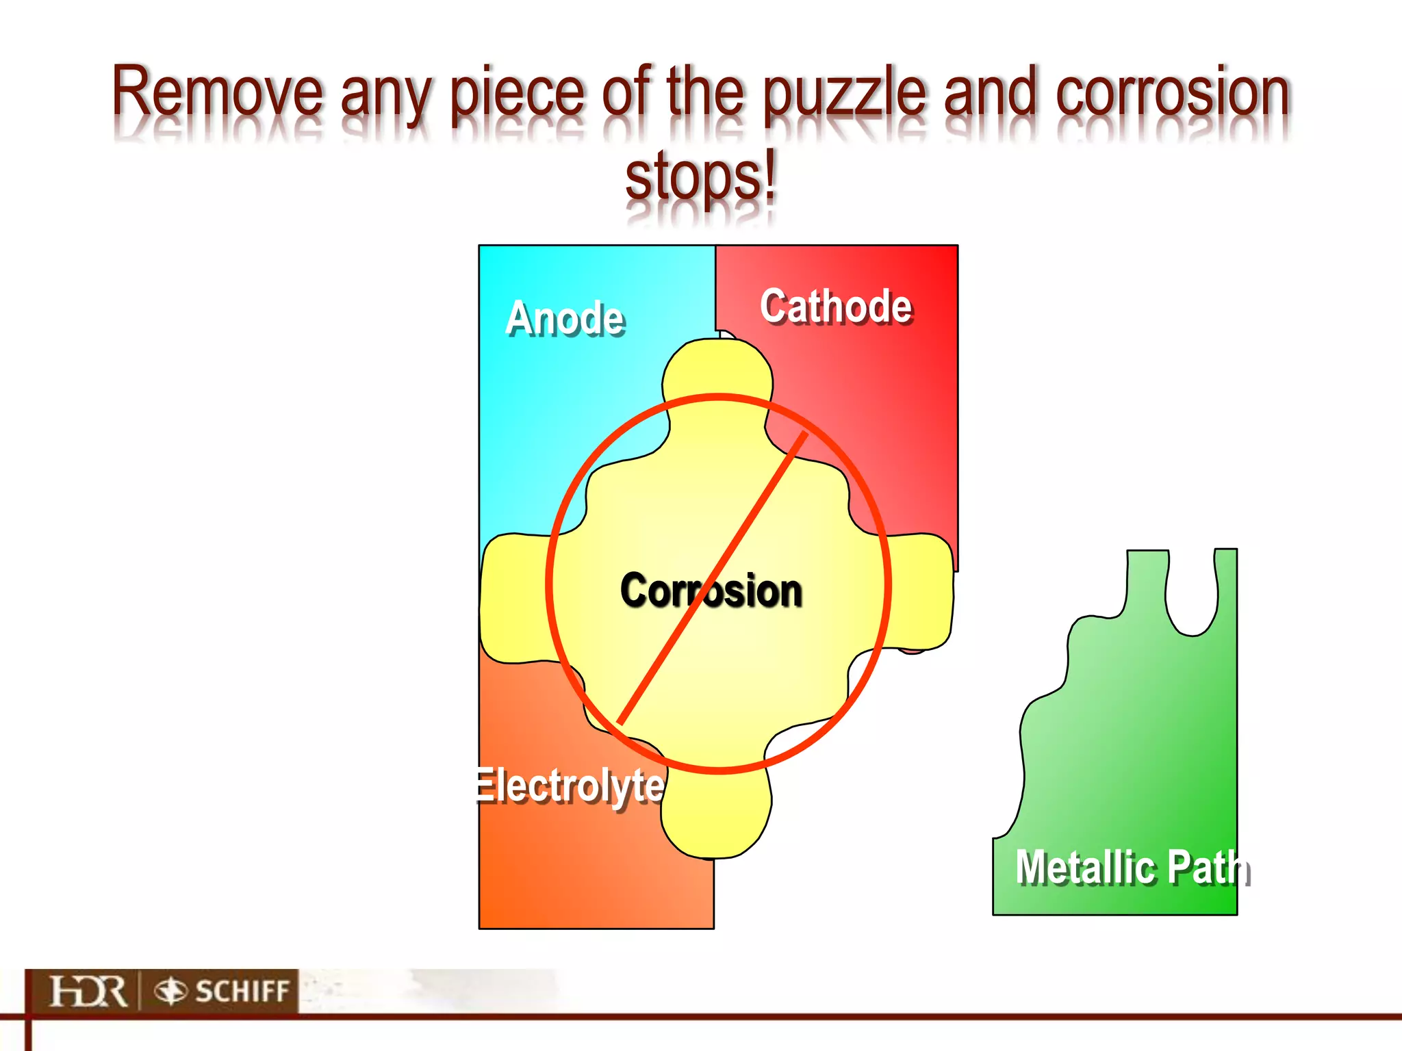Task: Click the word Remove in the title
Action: (x=217, y=92)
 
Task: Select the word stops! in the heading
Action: (x=701, y=177)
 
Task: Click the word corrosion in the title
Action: (x=1172, y=92)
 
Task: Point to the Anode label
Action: (x=565, y=319)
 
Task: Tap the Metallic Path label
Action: (x=1133, y=868)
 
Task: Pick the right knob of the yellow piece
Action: (x=921, y=592)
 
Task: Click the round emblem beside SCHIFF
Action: (x=170, y=991)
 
